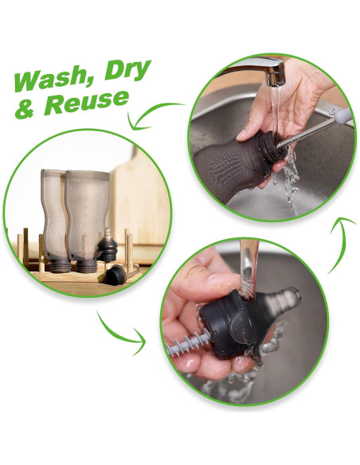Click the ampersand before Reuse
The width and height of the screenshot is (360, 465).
[x=25, y=108]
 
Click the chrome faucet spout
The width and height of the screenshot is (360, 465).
[x=261, y=70]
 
